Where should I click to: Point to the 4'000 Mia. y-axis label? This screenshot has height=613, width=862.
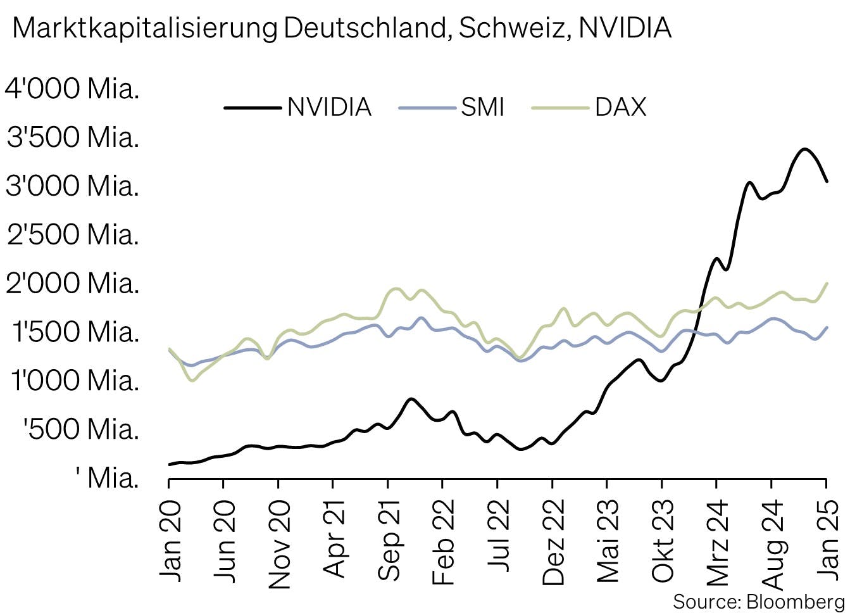pos(72,88)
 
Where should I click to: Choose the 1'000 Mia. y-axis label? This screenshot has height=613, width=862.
pos(74,381)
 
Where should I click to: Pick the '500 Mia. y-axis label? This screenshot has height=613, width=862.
pos(81,429)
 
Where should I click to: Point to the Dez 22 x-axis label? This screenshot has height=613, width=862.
pos(554,542)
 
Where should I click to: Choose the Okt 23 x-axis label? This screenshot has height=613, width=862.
pos(663,542)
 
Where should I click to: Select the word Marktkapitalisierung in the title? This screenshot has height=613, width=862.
pos(145,28)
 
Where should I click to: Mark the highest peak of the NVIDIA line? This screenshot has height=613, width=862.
pos(804,149)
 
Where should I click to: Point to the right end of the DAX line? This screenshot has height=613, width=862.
pos(827,283)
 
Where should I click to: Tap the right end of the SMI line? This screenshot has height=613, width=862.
pos(827,327)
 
